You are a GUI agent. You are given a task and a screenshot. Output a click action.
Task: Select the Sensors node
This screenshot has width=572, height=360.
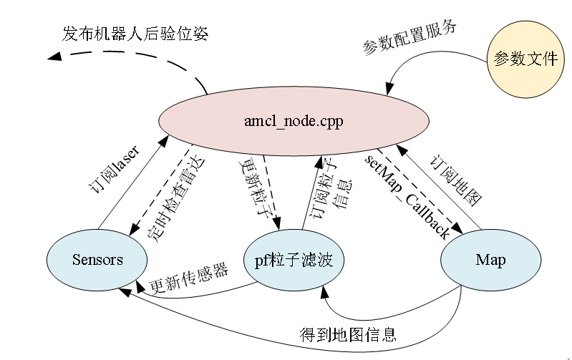click(x=97, y=259)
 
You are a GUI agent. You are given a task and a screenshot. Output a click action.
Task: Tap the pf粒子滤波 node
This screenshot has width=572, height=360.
click(x=294, y=259)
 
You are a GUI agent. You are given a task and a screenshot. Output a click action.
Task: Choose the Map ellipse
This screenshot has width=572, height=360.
click(x=490, y=259)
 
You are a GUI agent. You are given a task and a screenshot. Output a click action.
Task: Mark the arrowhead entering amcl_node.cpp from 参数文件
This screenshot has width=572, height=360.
click(x=387, y=91)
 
